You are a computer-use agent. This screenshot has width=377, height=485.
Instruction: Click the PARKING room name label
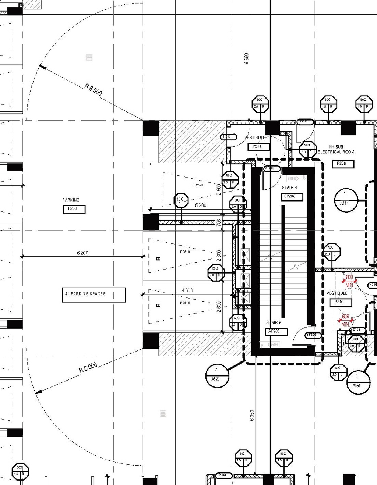coord(71,200)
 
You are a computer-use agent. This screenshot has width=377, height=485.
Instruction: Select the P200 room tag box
coord(74,209)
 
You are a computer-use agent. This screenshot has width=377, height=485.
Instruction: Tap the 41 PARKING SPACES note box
coord(94,295)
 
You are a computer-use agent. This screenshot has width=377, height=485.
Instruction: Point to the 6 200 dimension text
coord(82,253)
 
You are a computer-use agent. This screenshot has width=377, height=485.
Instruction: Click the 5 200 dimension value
coord(201,205)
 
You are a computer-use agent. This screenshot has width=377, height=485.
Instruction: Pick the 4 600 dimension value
coord(187,290)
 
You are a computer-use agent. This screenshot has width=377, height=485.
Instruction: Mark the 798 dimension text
coord(219,222)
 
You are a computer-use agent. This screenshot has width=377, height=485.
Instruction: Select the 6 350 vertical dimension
coord(247,58)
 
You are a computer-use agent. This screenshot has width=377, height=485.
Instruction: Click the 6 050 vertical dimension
coord(252,416)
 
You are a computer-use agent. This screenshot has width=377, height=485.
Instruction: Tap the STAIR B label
coord(289,188)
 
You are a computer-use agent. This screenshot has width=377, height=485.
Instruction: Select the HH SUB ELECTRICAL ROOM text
coord(336,149)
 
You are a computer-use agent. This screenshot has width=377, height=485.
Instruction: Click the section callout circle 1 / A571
coord(346,200)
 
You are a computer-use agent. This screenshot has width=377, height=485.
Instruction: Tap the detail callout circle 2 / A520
coord(217,375)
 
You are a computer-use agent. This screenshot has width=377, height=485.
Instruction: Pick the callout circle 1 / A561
coord(358,382)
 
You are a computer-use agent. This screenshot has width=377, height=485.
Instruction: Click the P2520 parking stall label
coord(198,185)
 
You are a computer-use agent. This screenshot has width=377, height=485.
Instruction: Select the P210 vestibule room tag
coord(341,302)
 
